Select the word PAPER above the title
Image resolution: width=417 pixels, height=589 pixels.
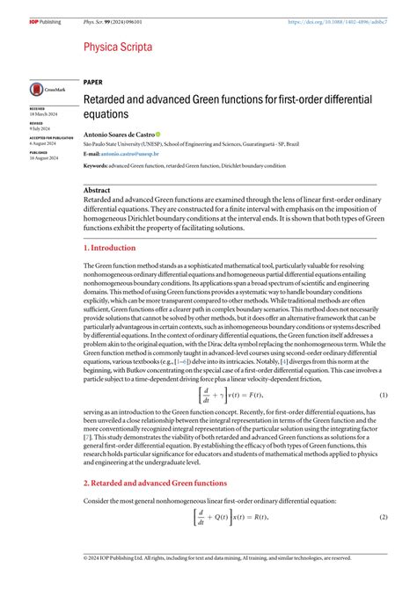pos(92,82)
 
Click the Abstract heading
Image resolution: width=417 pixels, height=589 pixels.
pos(97,190)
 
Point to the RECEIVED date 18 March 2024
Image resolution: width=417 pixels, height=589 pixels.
pos(44,114)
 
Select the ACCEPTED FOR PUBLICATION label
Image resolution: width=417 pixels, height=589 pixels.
pos(49,138)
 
